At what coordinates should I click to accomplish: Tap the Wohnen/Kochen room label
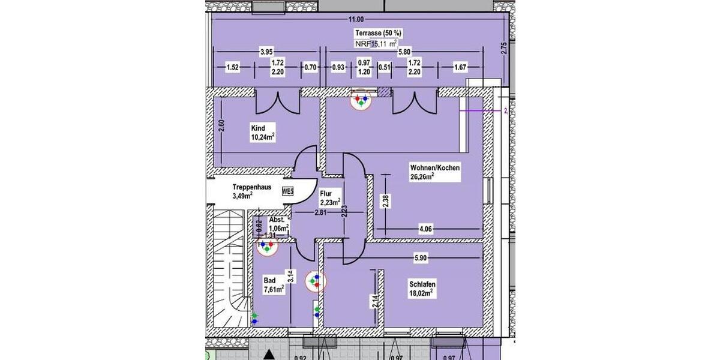point(434,168)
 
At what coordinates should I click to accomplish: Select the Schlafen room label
point(422,284)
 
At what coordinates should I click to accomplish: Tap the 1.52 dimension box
point(232,67)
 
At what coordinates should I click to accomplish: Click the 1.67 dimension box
point(460,67)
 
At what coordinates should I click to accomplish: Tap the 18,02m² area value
point(422,293)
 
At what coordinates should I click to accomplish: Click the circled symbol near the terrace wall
point(361,100)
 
